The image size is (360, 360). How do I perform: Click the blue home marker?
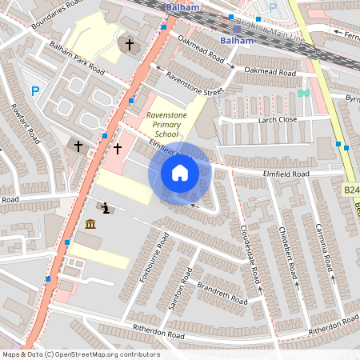pos(180,173)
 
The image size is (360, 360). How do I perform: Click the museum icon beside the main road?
pos(90,225)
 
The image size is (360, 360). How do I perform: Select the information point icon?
pos(106,209)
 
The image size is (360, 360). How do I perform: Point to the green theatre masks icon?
pos(303,93)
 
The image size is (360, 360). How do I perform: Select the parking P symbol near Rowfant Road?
pos(34,92)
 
